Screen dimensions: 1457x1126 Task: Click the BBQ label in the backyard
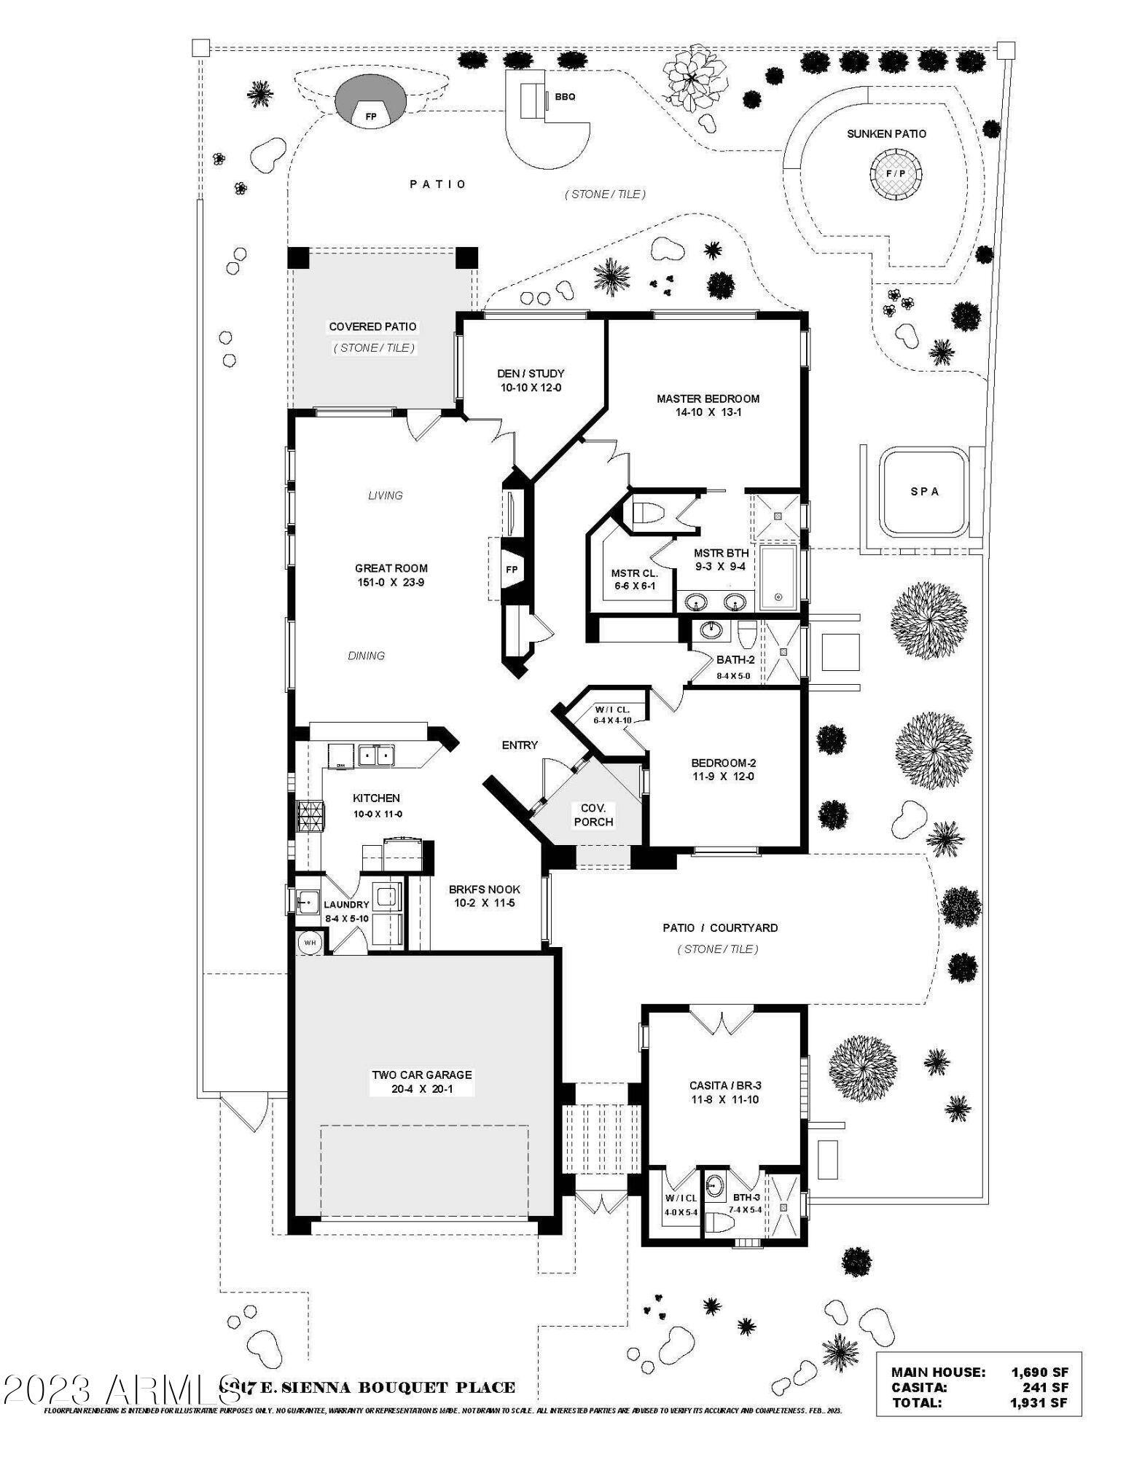tap(565, 97)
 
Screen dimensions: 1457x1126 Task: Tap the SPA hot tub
tap(924, 492)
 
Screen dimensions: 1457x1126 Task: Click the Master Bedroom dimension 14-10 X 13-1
tap(708, 412)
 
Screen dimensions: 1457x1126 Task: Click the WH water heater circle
tap(310, 943)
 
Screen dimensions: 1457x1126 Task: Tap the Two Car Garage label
tap(421, 1075)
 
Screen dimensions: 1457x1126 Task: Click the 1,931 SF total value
tap(1039, 1402)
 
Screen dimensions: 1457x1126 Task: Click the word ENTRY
tap(520, 745)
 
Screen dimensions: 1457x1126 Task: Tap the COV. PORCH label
tap(593, 815)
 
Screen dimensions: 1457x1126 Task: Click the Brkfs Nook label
tap(484, 889)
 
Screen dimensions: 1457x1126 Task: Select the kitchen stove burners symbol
tap(308, 816)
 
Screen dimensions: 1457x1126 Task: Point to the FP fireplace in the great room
tap(512, 570)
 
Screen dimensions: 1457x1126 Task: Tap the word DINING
tap(366, 656)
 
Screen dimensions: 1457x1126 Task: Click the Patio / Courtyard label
tap(719, 928)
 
